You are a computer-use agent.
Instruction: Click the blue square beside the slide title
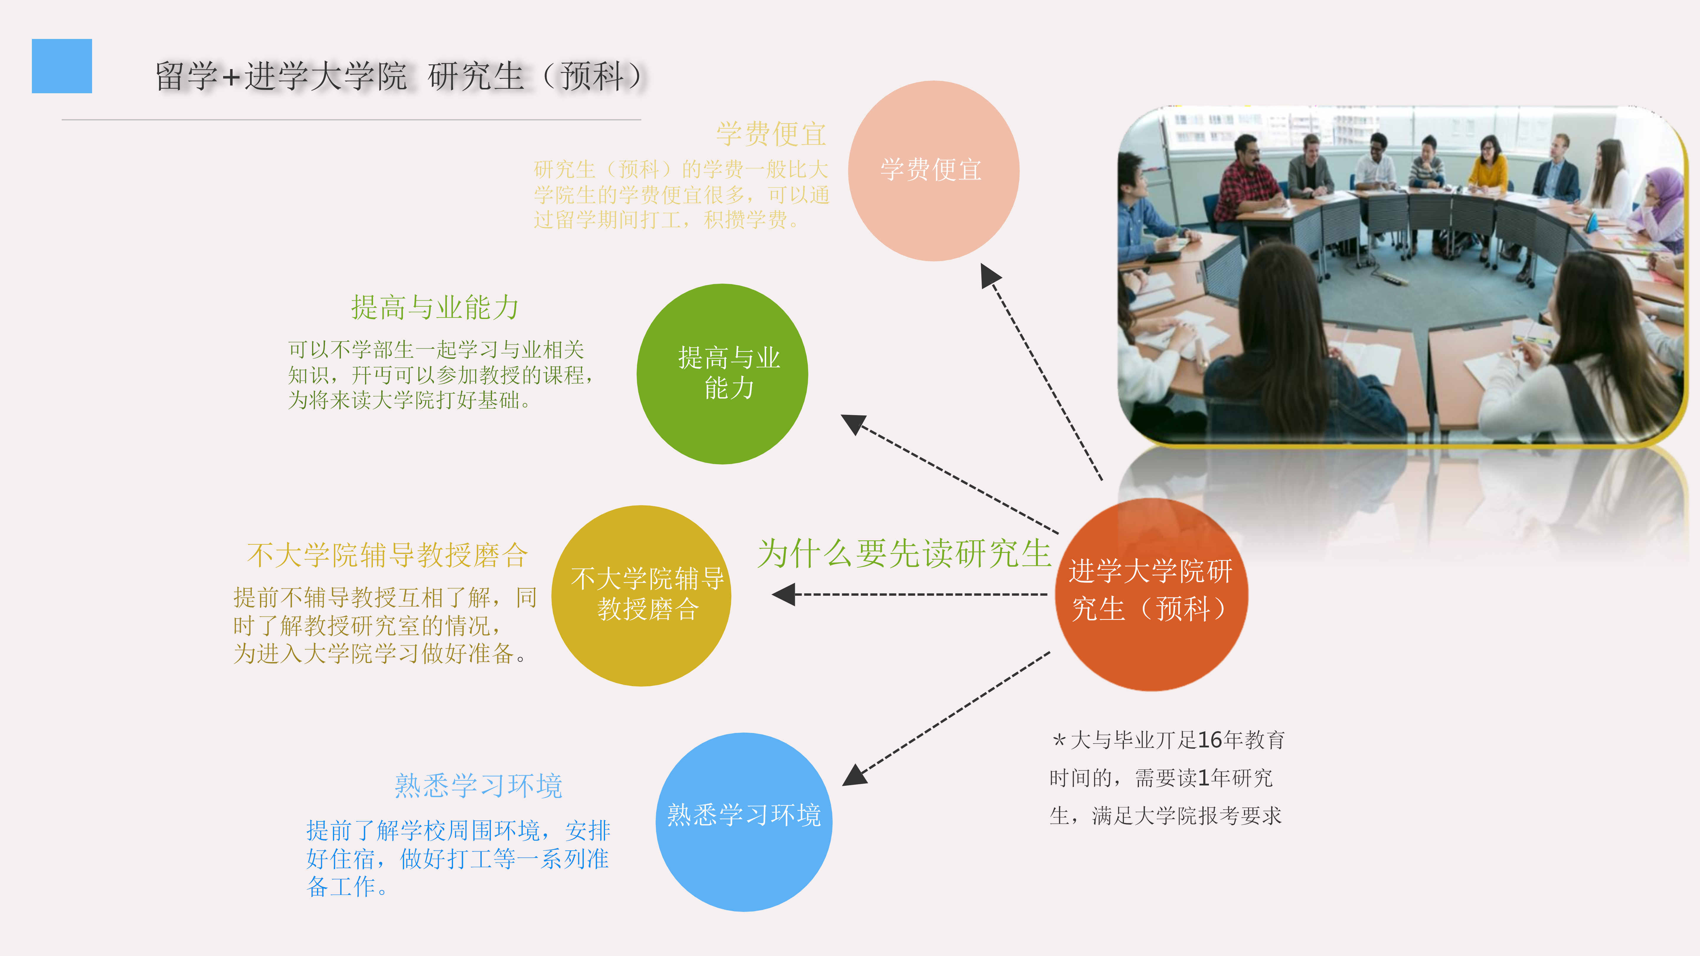(62, 66)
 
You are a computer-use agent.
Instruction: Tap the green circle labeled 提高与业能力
(722, 374)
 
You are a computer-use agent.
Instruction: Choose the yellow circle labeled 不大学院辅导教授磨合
(641, 596)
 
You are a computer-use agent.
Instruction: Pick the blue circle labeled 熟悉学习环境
(744, 822)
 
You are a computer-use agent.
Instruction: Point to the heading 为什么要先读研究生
(904, 553)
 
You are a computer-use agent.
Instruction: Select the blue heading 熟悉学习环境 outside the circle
(478, 785)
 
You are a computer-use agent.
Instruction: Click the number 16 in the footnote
(1210, 740)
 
